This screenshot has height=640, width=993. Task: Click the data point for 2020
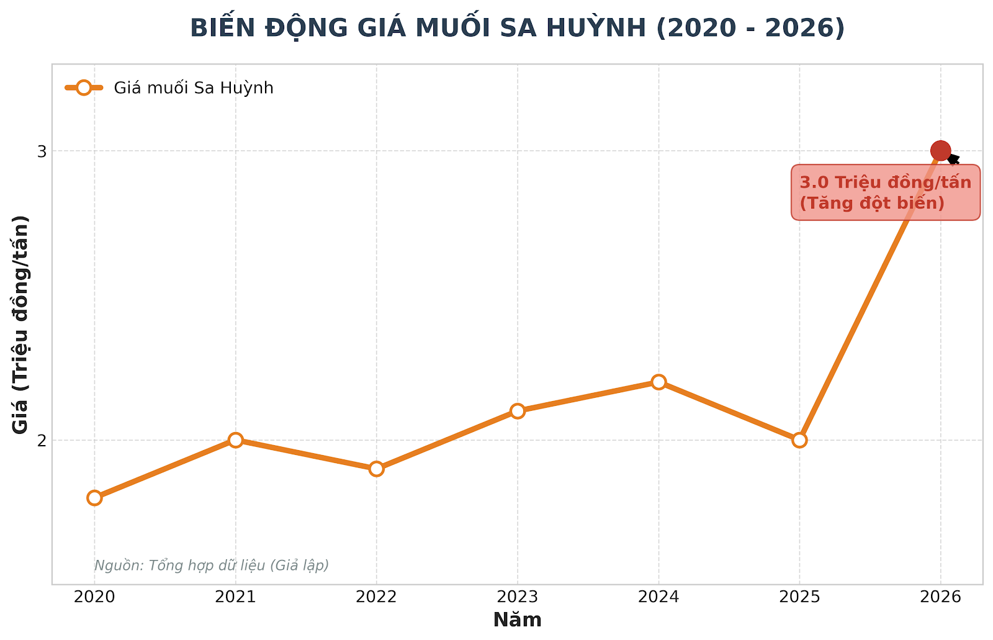click(x=94, y=497)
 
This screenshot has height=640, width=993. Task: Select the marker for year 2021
click(x=235, y=440)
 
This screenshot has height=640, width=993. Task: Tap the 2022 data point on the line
click(x=376, y=468)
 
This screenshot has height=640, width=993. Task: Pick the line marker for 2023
click(x=518, y=410)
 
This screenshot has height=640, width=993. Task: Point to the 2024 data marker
click(x=658, y=382)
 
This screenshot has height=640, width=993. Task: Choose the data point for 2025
click(x=799, y=440)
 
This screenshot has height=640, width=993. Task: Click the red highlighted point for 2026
click(x=940, y=150)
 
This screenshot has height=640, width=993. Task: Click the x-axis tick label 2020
click(x=94, y=597)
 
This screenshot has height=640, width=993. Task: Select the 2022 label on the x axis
click(x=376, y=597)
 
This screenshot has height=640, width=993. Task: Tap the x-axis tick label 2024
click(x=658, y=597)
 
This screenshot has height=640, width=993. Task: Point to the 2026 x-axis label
click(x=940, y=597)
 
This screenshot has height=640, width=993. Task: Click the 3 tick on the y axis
click(x=42, y=151)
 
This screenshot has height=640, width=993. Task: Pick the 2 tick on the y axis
click(x=42, y=440)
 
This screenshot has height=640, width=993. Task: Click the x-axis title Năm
click(x=517, y=620)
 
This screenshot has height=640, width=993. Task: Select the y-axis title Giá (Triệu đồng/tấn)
click(x=21, y=324)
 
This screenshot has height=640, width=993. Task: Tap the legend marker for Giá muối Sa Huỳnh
click(x=84, y=88)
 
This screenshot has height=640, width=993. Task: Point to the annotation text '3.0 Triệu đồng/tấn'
click(x=885, y=183)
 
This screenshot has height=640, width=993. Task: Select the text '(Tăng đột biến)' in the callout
click(x=871, y=203)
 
